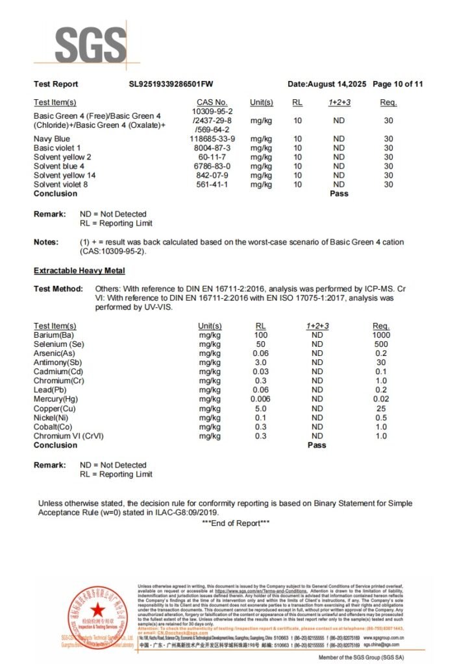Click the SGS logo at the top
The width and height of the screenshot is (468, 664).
[x=90, y=45]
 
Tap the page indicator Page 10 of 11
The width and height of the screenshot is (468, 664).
[x=398, y=84]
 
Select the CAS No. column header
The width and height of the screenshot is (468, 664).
[x=212, y=102]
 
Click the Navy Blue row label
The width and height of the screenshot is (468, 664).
[x=52, y=139]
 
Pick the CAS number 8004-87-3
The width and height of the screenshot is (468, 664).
[x=212, y=148]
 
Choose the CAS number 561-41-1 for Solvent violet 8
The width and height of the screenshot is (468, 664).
[x=212, y=184]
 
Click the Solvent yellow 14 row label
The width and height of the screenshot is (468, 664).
[x=65, y=175]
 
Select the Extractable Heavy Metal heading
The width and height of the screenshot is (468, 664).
[x=79, y=270]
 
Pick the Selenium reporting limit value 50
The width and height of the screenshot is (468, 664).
[x=261, y=344]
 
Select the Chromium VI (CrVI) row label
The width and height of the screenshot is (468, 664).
[x=68, y=436]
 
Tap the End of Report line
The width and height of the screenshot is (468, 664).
[x=236, y=523]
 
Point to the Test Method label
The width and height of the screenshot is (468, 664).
[x=58, y=289]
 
